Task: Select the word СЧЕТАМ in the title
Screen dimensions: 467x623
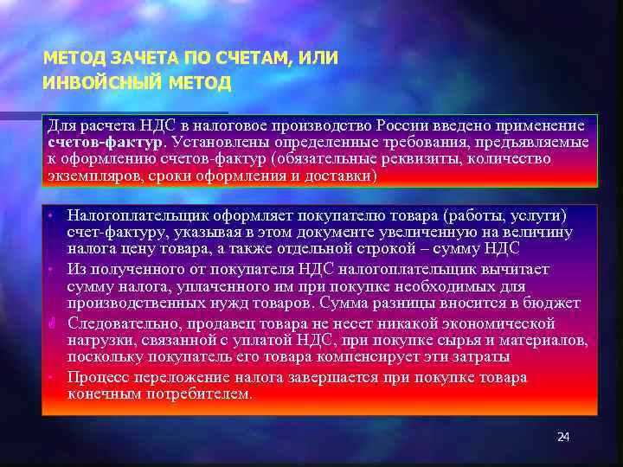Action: (x=253, y=59)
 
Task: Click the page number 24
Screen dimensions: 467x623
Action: (x=563, y=437)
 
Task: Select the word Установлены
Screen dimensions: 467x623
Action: (x=217, y=143)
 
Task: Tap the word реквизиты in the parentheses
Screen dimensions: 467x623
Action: (x=416, y=159)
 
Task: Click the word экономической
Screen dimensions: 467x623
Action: (x=498, y=323)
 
